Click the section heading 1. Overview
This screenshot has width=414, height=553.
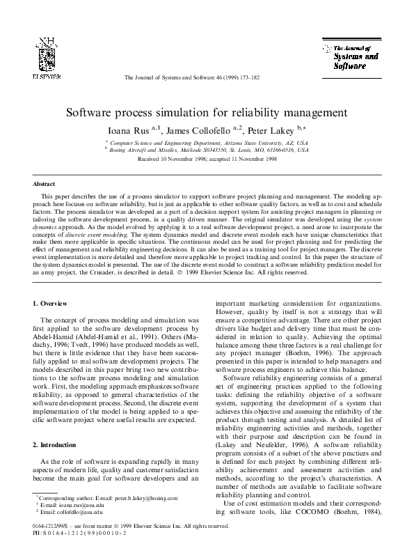[x=51, y=305]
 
